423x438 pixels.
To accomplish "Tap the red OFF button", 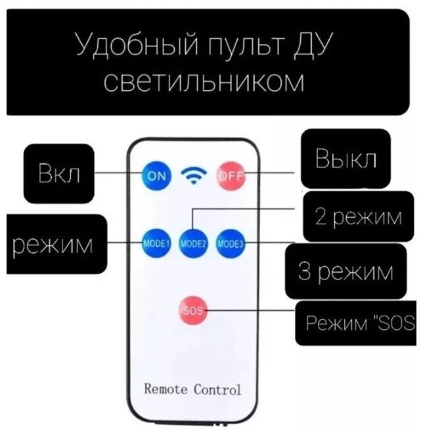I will click(x=229, y=175).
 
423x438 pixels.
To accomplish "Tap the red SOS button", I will click(x=192, y=311).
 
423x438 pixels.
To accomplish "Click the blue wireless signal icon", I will click(x=193, y=176).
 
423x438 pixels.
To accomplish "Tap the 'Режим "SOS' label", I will click(x=358, y=324).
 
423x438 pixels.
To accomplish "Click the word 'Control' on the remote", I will click(x=218, y=389).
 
